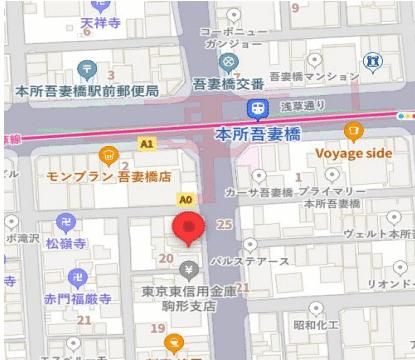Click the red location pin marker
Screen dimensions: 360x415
point(188,229)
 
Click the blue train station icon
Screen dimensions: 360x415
point(259,107)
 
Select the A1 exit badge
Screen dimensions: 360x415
point(148,145)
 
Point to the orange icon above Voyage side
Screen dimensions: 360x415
point(353,130)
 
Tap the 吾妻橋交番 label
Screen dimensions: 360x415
point(228,84)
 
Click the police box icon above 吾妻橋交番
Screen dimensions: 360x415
point(228,63)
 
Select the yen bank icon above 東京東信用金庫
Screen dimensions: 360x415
point(188,268)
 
